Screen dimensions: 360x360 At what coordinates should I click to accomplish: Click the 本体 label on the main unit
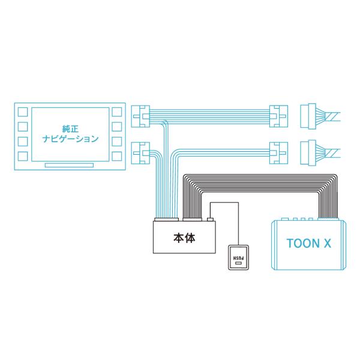pos(184,238)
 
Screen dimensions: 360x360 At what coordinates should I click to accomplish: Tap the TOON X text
pos(309,244)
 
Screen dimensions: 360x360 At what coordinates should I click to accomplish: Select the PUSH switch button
pos(238,257)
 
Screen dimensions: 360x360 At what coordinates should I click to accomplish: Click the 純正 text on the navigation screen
pos(70,129)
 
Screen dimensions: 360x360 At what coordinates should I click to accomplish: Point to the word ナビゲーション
pos(70,139)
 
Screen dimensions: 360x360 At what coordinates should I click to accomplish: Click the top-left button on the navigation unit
pos(23,112)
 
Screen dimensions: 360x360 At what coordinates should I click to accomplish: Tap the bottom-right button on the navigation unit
pos(116,157)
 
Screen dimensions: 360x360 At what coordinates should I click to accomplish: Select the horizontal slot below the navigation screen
pos(69,165)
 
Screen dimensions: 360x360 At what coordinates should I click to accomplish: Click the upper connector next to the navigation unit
pos(140,116)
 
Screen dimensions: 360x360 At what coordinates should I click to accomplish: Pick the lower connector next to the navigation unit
pos(140,153)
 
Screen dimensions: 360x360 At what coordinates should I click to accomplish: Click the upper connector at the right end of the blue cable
pos(278,116)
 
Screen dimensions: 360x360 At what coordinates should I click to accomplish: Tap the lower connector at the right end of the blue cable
pos(278,153)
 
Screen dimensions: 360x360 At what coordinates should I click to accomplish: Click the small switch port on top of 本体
pos(211,220)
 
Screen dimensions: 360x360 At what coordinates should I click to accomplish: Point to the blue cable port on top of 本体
pos(166,220)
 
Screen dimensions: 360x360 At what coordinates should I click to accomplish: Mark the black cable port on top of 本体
pos(193,220)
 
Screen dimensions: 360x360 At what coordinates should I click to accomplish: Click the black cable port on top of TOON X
pos(328,219)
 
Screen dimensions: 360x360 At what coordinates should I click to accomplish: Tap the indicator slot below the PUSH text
pos(238,263)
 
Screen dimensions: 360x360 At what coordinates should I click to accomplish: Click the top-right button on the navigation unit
pos(116,112)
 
